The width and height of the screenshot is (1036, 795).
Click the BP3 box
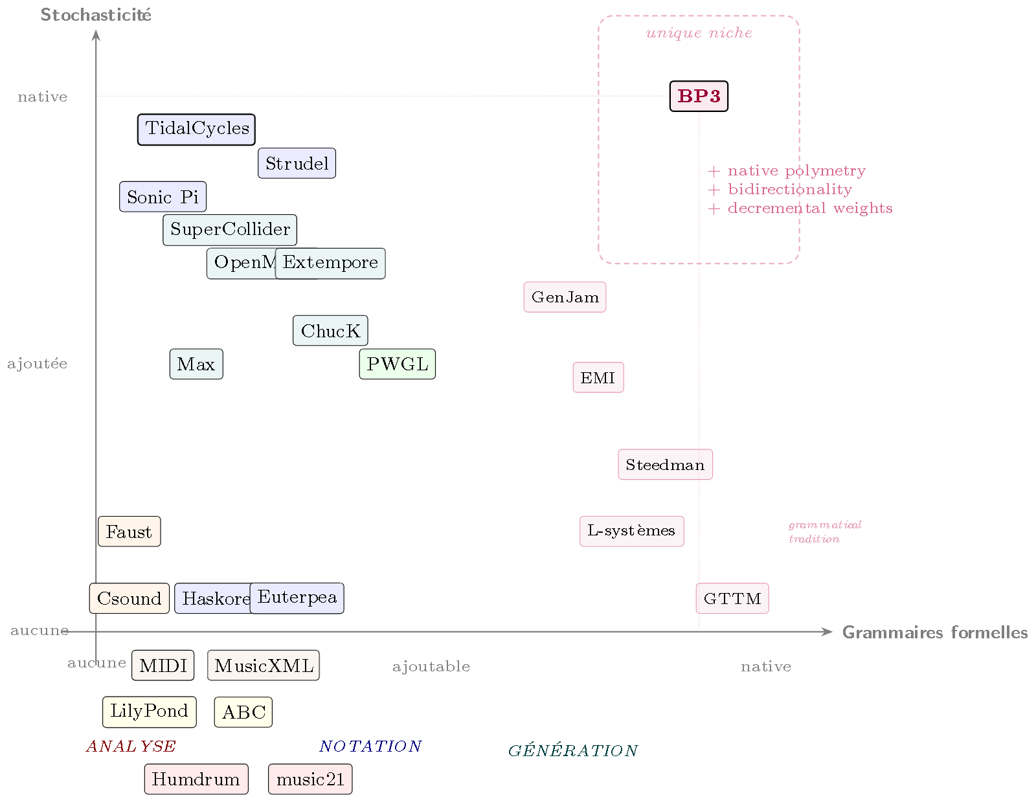[x=699, y=96]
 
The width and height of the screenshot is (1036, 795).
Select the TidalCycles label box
[x=196, y=129]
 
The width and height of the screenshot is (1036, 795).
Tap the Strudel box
[x=297, y=163]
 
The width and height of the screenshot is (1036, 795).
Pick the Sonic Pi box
[x=163, y=197]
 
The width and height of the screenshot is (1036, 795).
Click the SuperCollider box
[x=230, y=230]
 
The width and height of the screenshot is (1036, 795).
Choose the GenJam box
[x=565, y=297]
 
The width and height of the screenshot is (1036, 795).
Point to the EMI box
[x=598, y=377]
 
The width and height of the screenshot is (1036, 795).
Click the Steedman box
[x=665, y=465]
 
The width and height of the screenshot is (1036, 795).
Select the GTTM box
[x=732, y=599]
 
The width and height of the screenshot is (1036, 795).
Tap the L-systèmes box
[x=631, y=532]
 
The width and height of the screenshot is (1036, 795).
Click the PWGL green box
[x=397, y=364]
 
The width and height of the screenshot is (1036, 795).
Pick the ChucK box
[x=330, y=331]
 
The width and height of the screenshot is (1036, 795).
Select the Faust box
[x=129, y=532]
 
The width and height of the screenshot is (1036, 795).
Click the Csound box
[x=129, y=598]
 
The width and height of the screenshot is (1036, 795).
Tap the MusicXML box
[x=264, y=666]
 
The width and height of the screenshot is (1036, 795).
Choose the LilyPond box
[x=149, y=711]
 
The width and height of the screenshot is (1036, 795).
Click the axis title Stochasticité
[x=96, y=15]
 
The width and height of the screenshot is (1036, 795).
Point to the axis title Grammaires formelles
[x=934, y=633]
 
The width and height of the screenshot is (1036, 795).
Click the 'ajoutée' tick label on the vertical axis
[x=37, y=364]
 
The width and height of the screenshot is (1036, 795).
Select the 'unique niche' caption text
[x=699, y=33]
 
